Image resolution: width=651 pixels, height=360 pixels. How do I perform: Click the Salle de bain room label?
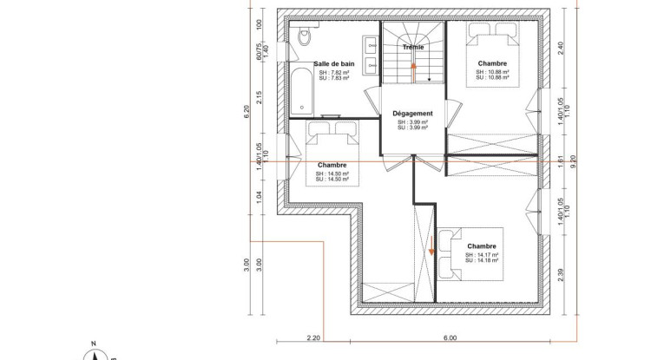[334, 64]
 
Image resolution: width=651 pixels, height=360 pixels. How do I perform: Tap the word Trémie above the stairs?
[413, 47]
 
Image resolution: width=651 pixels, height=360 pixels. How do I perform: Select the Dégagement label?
[412, 114]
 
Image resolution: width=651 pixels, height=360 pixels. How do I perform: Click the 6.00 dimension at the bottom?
[450, 337]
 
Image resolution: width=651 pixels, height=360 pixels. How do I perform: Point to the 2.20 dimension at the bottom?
[313, 337]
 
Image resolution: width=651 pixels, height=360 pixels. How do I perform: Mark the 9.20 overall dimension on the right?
[574, 160]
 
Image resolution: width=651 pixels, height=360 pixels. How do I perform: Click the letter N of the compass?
[102, 344]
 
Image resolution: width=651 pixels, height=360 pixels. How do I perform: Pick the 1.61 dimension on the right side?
[561, 160]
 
